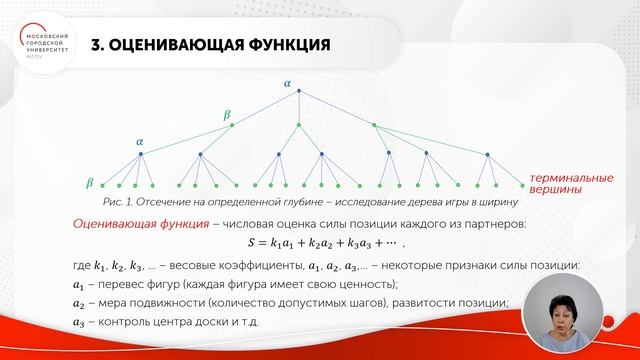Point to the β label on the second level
point(226,115)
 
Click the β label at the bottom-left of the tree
point(90,183)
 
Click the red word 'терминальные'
point(566,175)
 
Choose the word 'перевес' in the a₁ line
point(137,285)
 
